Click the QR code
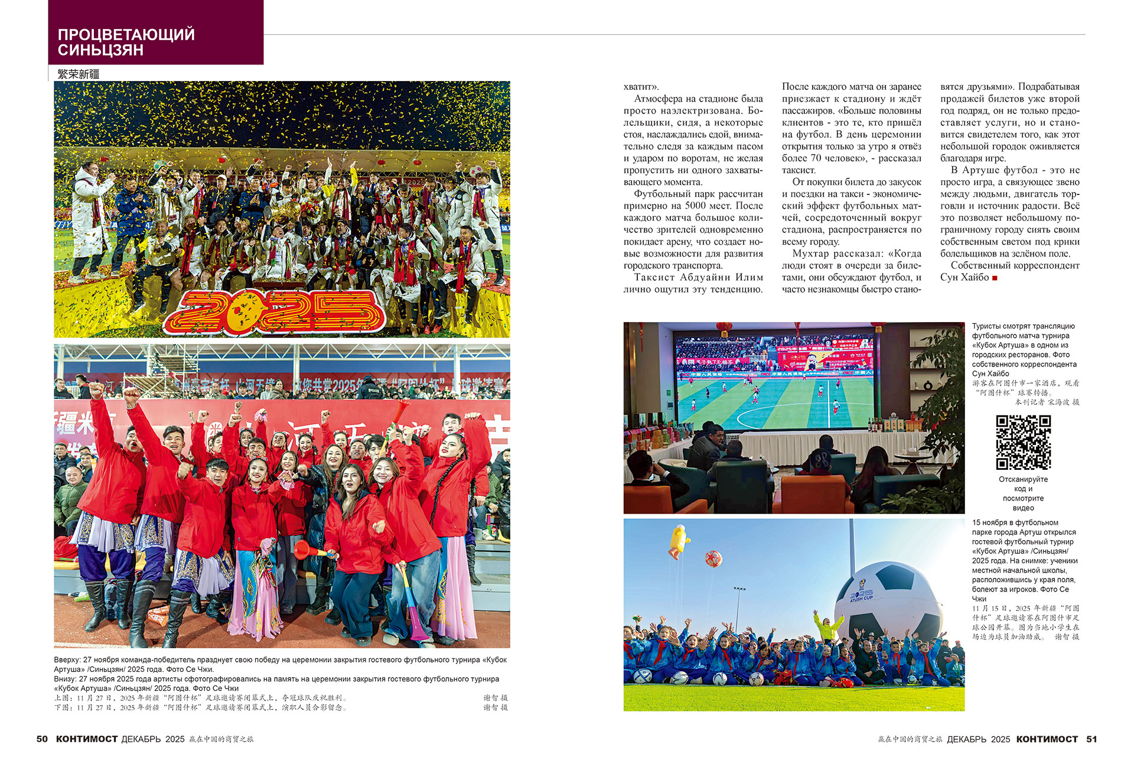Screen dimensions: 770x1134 pos(1023,443)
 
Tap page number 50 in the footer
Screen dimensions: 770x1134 pos(42,739)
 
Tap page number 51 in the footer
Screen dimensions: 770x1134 pos(1091,739)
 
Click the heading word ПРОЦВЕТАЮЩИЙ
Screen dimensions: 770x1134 pos(126,34)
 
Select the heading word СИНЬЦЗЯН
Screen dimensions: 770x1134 pos(100,50)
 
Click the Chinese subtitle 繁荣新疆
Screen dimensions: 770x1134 pos(79,74)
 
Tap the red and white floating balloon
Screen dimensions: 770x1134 pos(713,558)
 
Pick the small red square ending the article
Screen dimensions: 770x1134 pos(995,278)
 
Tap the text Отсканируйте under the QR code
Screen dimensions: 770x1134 pos(1023,479)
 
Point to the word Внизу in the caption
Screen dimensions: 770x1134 pos(66,679)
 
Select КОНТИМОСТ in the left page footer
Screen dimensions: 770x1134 pos(87,739)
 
